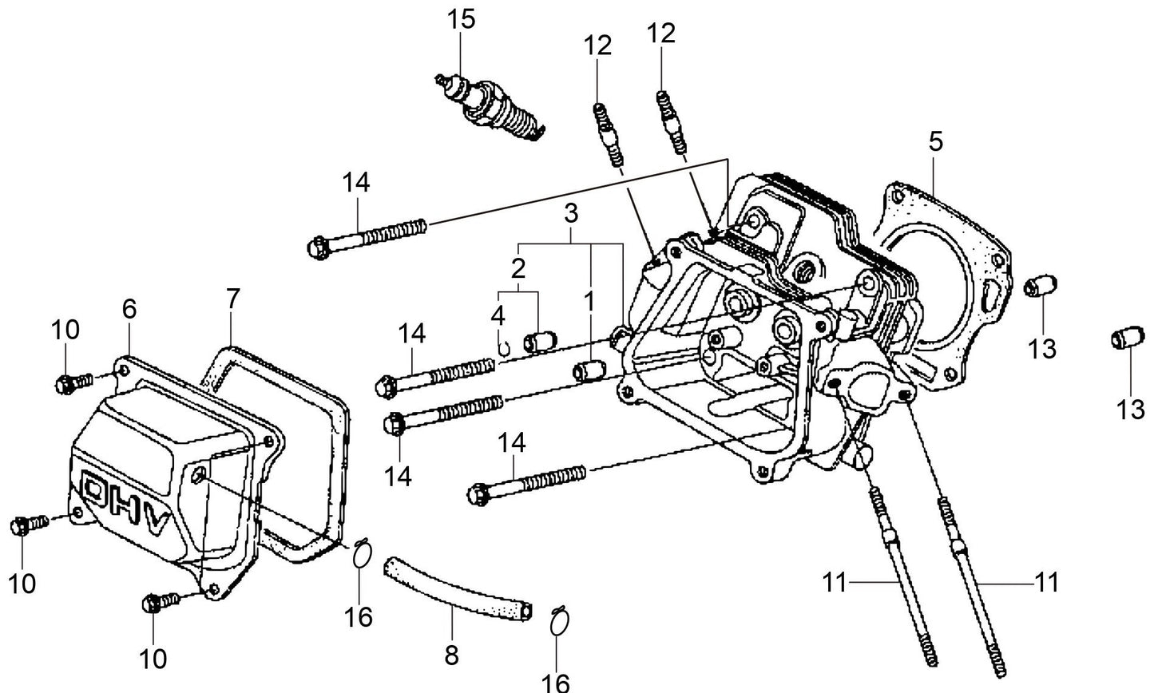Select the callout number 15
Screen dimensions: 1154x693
(461, 18)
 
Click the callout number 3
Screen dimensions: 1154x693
(570, 213)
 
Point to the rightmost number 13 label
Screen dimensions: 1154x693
(1130, 410)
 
